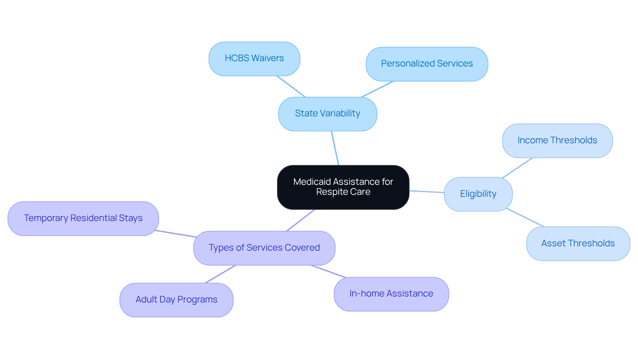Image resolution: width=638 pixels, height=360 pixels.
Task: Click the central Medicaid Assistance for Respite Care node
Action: click(x=343, y=187)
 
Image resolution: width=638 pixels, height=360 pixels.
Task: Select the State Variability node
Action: click(x=327, y=114)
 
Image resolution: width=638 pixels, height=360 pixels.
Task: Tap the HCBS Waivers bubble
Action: click(x=254, y=59)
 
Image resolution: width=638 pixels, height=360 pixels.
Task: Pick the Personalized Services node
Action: click(x=427, y=64)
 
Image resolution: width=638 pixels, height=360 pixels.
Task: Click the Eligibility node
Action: click(x=478, y=194)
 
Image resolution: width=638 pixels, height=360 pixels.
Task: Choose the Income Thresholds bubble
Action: click(x=557, y=141)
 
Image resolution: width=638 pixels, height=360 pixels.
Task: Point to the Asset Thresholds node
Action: click(x=578, y=244)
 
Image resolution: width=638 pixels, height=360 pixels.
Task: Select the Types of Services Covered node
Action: click(x=264, y=248)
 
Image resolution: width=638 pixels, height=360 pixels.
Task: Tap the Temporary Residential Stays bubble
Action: click(x=83, y=218)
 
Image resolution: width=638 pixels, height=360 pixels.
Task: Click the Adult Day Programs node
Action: click(x=176, y=300)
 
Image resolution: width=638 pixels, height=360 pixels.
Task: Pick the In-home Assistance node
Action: click(x=391, y=294)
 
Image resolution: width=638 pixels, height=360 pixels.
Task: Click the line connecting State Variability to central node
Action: click(x=335, y=148)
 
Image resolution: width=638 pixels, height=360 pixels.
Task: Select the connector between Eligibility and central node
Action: click(x=427, y=191)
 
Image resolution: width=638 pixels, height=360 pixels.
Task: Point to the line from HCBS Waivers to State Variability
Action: click(x=291, y=86)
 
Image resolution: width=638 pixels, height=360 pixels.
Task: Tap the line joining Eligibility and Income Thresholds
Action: click(x=517, y=168)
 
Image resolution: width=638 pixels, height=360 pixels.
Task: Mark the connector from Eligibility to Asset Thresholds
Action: click(x=525, y=218)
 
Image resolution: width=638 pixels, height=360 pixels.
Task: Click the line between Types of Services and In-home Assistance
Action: click(x=328, y=271)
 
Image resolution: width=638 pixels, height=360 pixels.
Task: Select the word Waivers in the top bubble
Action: click(x=267, y=58)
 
